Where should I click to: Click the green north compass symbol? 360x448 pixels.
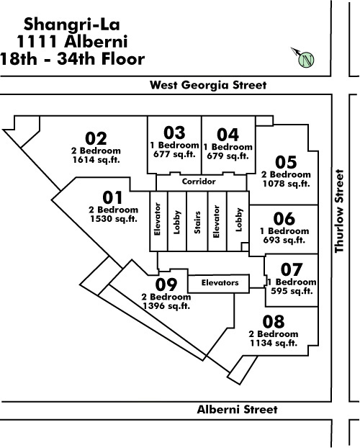306,60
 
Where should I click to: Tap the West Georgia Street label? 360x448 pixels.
208,85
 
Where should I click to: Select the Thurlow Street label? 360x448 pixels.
339,211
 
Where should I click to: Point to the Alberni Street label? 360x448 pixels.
237,410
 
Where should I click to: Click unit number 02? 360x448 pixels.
96,138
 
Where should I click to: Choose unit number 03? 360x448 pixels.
174,133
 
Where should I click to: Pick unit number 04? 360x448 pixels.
228,135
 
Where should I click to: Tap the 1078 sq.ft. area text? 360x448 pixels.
286,184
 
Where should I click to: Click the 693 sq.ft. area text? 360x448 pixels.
284,240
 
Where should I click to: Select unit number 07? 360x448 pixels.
292,269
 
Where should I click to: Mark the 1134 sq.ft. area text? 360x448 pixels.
274,343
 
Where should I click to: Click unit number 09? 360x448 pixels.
166,285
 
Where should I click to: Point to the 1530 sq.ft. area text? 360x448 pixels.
114,219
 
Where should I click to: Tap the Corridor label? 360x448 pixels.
199,182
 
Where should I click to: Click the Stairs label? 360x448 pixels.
197,223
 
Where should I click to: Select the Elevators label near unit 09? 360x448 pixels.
220,283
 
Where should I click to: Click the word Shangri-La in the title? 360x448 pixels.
72,25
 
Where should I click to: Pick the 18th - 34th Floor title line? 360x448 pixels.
72,59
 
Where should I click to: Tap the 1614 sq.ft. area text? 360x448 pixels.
96,160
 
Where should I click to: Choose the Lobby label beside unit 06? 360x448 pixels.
239,220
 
